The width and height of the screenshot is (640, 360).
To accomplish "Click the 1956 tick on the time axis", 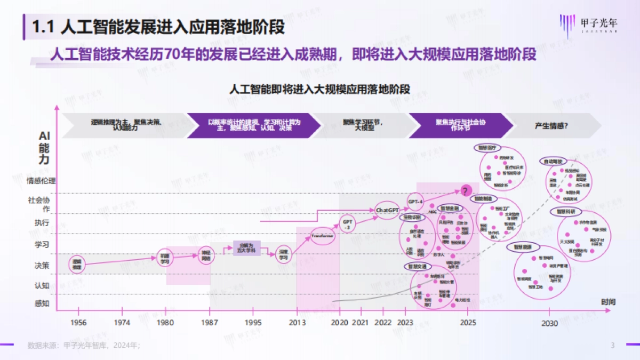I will [x=78, y=323].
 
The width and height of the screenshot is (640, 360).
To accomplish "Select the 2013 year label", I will [x=297, y=323].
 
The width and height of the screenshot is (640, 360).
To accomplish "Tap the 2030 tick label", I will [x=549, y=323].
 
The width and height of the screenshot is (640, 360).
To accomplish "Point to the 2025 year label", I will [x=468, y=323].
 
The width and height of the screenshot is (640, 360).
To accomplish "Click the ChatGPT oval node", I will [x=388, y=211].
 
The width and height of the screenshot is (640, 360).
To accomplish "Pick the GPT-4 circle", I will [x=415, y=202].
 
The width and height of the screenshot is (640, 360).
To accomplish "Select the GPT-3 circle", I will [x=347, y=224].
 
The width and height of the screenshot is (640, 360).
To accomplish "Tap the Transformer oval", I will [x=322, y=235].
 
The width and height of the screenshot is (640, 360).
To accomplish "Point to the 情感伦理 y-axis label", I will [x=41, y=181].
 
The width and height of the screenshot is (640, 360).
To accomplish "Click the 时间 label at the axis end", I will [x=608, y=302].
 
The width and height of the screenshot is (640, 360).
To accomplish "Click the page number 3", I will [x=612, y=345].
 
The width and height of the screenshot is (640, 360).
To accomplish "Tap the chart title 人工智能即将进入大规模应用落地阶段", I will [x=319, y=89].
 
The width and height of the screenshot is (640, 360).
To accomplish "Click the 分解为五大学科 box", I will [x=246, y=248].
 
